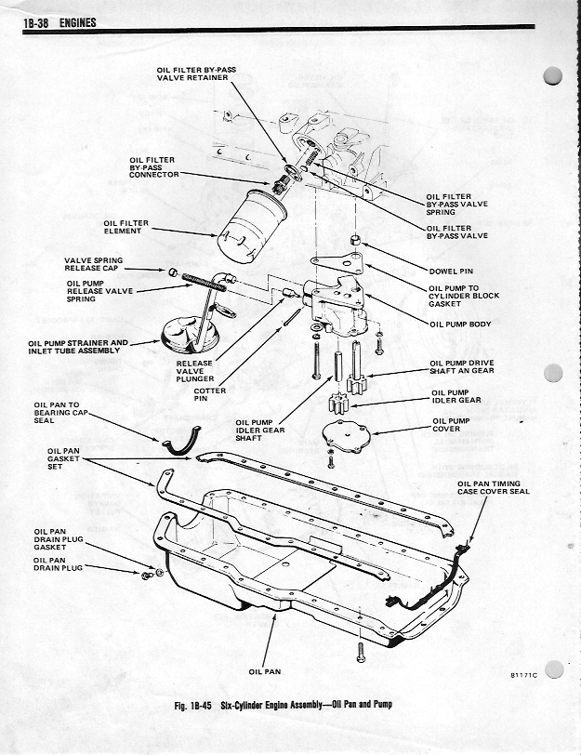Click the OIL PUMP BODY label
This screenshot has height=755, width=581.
459,325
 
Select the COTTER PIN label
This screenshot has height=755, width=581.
209,395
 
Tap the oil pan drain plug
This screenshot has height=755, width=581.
150,576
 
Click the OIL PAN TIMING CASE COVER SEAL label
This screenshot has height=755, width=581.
493,487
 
